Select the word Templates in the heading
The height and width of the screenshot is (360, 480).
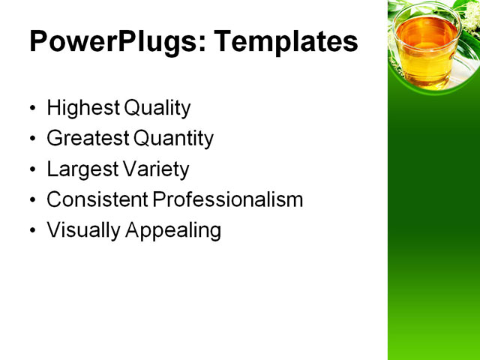click(x=286, y=42)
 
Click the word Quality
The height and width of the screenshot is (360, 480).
click(x=157, y=108)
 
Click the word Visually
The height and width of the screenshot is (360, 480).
click(x=83, y=230)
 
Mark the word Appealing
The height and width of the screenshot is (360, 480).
click(x=173, y=231)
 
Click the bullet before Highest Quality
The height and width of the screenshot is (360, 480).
click(x=31, y=109)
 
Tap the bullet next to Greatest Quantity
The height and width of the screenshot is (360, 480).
click(x=31, y=139)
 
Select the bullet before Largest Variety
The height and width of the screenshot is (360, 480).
click(x=31, y=170)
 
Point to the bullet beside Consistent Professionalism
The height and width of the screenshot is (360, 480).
click(x=31, y=201)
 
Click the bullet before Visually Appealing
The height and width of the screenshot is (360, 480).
click(x=31, y=231)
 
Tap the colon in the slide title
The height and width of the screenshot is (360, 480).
click(x=203, y=45)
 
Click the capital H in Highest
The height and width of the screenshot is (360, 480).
click(x=53, y=108)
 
